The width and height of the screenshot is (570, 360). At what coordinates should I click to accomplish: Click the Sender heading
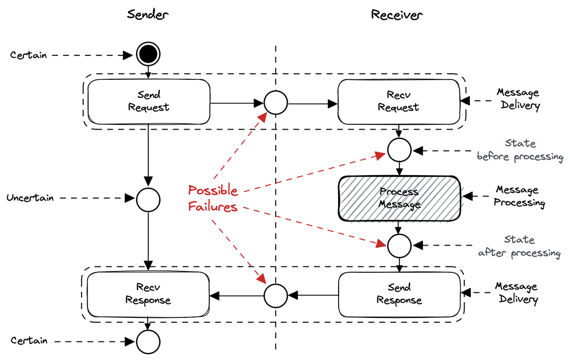coord(148,14)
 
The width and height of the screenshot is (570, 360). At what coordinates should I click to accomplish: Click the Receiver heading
coord(397,15)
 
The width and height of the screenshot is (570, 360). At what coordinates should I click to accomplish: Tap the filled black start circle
coord(148,54)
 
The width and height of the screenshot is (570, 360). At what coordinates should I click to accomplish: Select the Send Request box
coord(149,102)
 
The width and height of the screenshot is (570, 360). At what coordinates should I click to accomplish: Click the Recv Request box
coord(399,102)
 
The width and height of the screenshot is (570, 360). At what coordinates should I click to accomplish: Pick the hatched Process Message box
coord(399,199)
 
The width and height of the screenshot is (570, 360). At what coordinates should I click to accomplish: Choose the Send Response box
coord(399,294)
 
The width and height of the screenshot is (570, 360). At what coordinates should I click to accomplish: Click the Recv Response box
coord(148,294)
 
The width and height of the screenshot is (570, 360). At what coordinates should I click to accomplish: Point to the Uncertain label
coord(30,198)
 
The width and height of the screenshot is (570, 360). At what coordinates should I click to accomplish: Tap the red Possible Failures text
coord(213,198)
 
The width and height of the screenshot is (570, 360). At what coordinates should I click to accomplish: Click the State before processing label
coord(520,150)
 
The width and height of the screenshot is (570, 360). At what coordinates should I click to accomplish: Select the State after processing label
coord(519,246)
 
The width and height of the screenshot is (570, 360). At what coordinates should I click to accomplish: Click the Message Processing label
coord(519,196)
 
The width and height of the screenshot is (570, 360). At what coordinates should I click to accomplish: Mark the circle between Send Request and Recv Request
coord(276,103)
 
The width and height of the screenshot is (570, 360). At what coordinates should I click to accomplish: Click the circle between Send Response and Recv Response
coord(276,295)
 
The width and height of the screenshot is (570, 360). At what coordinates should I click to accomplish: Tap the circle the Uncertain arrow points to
coord(148,200)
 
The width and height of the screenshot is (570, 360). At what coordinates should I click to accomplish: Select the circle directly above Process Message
coord(399,150)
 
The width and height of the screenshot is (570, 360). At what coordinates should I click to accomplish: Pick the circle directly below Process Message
coord(399,246)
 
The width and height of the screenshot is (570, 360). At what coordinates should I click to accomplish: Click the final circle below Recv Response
coord(148,342)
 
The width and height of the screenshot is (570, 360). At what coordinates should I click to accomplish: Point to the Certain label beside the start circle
coord(28,55)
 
